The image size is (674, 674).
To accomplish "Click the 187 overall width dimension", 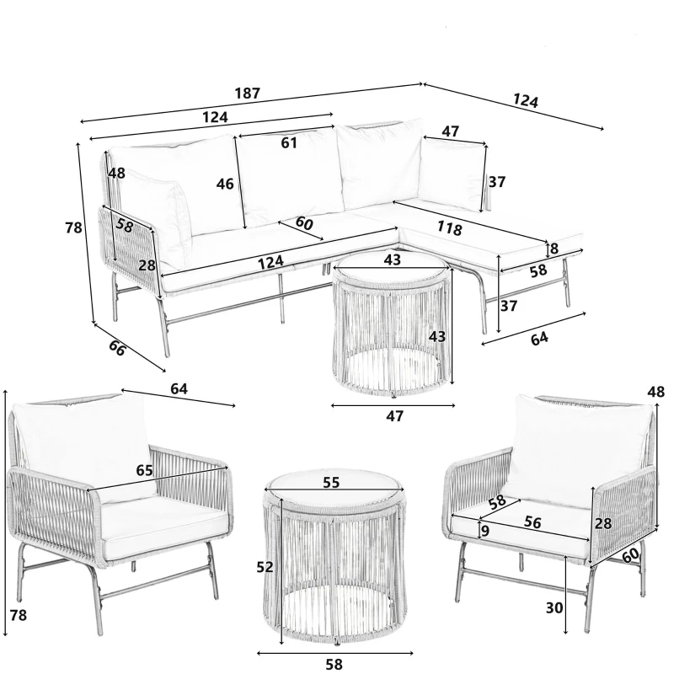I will coord(247,94).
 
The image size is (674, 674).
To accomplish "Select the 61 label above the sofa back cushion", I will coord(289,143).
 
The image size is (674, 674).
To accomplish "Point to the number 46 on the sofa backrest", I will coord(224,184).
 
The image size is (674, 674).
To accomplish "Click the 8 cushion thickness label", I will coord(554,249).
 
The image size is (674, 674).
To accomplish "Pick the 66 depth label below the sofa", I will coord(117,347).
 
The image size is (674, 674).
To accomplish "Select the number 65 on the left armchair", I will coord(144,470).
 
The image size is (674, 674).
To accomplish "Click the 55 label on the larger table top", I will coord(331,484).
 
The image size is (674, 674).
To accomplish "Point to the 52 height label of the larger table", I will coord(265,568).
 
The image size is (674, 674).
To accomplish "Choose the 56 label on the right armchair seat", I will coord(532,522).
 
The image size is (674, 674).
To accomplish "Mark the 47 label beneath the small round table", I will coord(394,416).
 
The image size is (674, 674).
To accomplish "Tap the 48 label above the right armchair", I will coord(657,392).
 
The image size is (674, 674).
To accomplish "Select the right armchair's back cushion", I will coord(573,451).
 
